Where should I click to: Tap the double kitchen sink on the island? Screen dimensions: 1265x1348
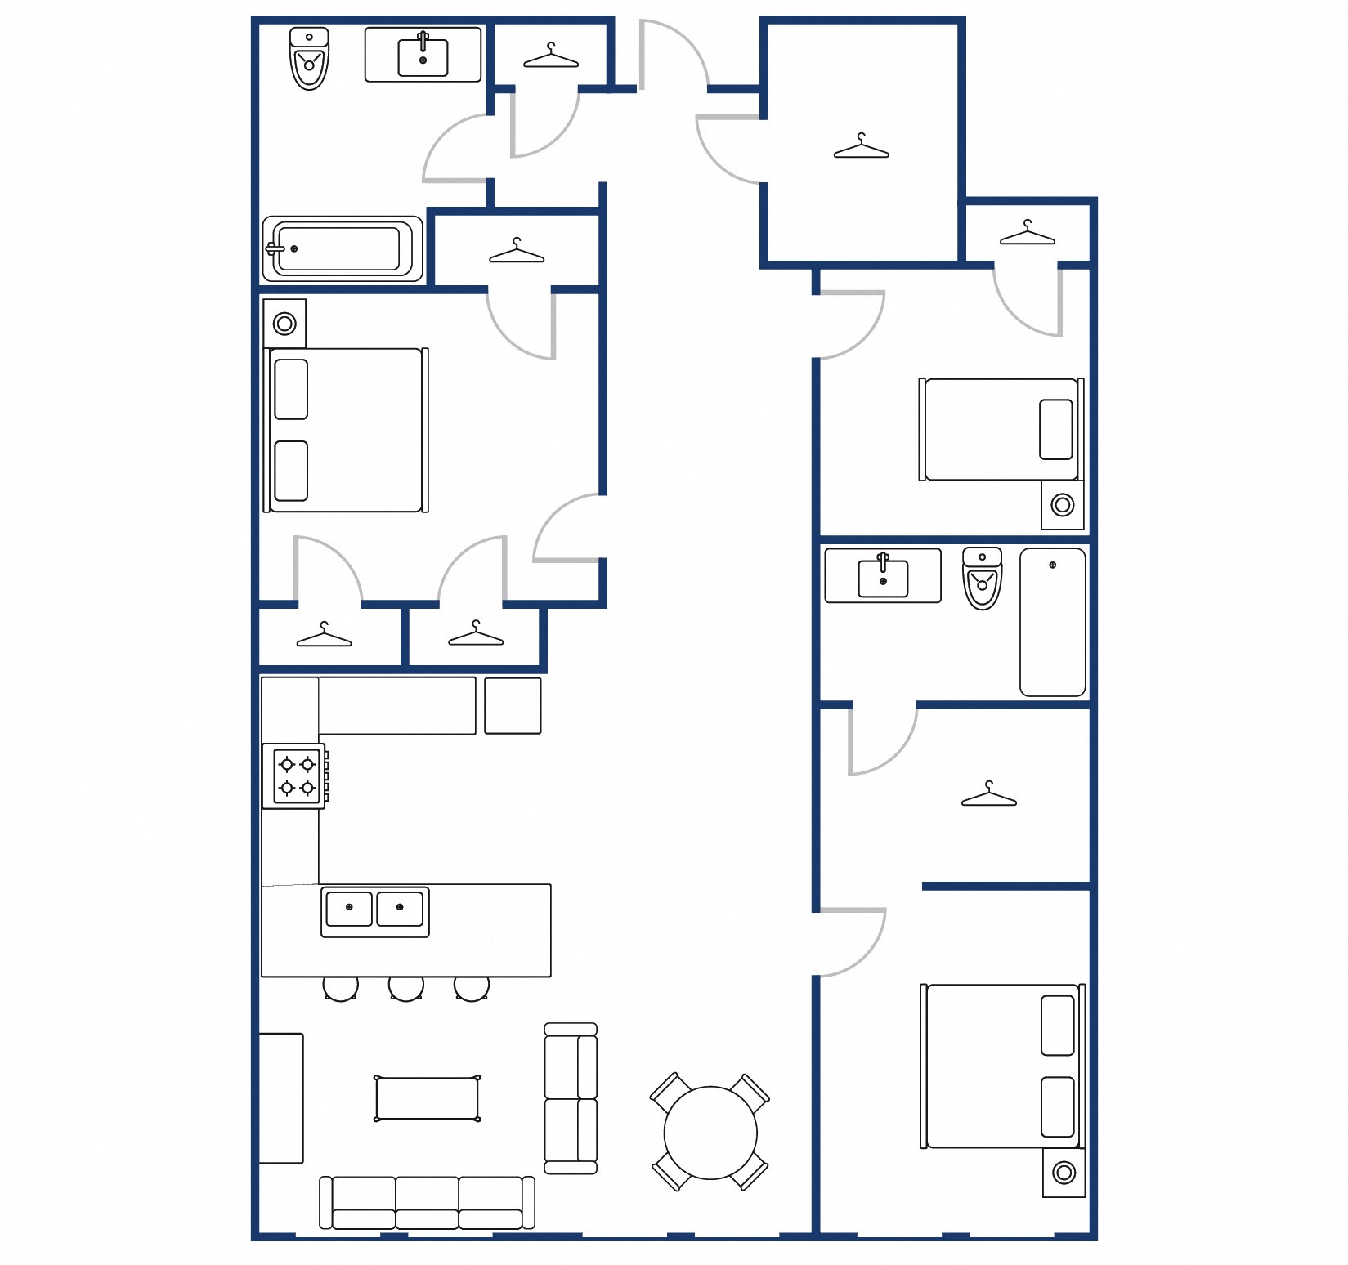click(374, 910)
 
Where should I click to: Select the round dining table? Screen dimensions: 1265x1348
click(710, 1132)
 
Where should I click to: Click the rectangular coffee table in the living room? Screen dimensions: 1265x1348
click(427, 1098)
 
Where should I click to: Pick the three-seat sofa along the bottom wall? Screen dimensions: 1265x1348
click(427, 1202)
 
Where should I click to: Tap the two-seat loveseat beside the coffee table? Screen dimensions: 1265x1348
click(571, 1098)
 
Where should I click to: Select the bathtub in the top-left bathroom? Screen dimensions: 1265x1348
click(342, 248)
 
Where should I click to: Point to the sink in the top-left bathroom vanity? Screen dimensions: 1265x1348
click(423, 56)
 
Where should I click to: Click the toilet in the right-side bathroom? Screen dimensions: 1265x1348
click(982, 579)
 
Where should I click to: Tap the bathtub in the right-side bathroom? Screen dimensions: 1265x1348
click(1052, 622)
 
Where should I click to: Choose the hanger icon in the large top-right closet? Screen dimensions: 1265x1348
click(861, 147)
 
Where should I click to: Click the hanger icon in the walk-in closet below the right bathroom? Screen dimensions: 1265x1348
click(988, 795)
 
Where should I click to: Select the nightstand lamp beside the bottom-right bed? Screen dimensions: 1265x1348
click(1064, 1173)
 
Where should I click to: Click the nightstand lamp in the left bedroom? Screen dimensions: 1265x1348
click(284, 324)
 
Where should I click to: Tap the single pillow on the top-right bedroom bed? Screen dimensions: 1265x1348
click(1055, 429)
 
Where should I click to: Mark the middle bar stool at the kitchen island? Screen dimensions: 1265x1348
click(405, 987)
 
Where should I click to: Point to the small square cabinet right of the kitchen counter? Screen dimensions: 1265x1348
click(513, 705)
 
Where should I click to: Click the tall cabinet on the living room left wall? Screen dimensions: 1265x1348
click(281, 1097)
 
